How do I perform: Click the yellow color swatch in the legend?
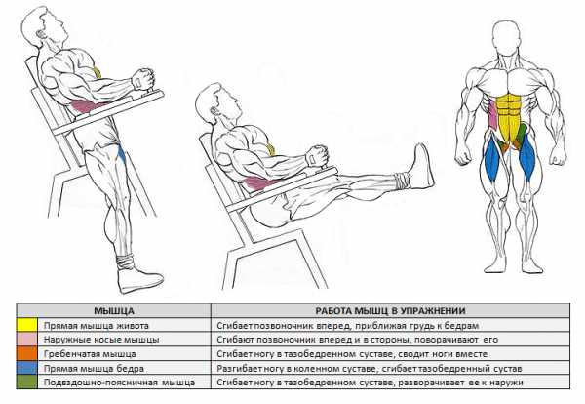coord(27,325)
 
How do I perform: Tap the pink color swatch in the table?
coord(27,340)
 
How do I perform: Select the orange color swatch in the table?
coord(27,353)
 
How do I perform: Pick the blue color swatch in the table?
coord(27,368)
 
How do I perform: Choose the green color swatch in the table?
coord(27,382)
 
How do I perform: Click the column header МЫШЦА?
coord(113,310)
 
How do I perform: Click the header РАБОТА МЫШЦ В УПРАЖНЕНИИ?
coord(390,310)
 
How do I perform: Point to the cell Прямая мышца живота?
coord(97,326)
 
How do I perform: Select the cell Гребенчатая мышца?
coord(90,354)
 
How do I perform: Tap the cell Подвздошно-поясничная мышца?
coord(119,383)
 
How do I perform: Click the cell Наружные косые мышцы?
coord(101,340)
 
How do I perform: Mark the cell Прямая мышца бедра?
coord(94,369)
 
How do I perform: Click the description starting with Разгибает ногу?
coord(369,369)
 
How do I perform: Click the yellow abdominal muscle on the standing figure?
coord(509,118)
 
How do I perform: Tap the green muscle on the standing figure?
coord(520,137)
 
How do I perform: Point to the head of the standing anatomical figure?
coord(506,36)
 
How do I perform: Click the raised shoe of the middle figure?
coord(421,166)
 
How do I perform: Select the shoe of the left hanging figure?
coord(139,279)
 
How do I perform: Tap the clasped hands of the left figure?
coord(143,79)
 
